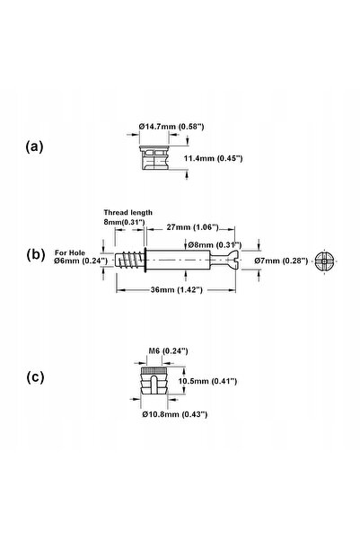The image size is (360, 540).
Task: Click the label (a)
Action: click(34, 147)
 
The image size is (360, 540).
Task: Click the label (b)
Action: click(35, 255)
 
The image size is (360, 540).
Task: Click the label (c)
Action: click(35, 377)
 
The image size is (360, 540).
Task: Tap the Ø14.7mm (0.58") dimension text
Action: click(171, 127)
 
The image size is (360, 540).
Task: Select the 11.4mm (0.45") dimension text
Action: click(214, 158)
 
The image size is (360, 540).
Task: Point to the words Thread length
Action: click(128, 212)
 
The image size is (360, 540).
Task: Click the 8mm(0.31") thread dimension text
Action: click(124, 222)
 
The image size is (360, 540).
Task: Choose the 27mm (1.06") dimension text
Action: click(193, 227)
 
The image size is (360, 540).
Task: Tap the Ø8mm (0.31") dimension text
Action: click(215, 245)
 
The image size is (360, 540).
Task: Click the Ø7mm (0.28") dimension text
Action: click(281, 261)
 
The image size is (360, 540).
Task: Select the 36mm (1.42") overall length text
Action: click(177, 290)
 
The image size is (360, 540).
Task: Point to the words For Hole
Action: click(70, 252)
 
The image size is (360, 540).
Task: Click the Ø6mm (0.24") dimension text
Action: click(81, 261)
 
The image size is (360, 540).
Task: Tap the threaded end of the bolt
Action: click(129, 261)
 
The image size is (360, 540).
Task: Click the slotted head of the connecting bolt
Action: click(230, 261)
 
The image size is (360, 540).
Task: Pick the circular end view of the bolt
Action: click(325, 261)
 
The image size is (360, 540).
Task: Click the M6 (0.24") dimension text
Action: click(168, 351)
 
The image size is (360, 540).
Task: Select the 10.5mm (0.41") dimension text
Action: click(208, 381)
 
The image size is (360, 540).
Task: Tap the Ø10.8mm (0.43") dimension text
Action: click(175, 414)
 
